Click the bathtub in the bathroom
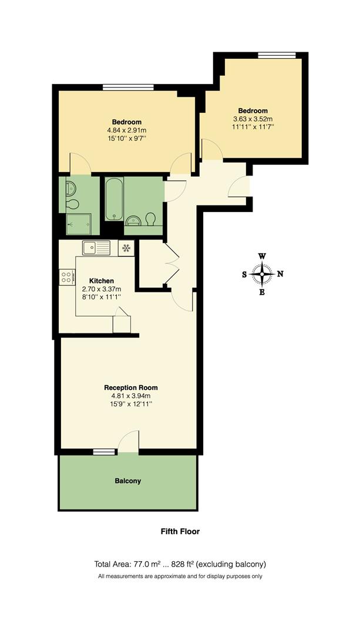tap(113, 198)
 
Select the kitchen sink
tap(96, 248)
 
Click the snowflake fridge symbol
tap(126, 248)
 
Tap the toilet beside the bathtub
tap(151, 218)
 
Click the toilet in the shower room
tap(73, 204)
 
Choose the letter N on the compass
tap(280, 274)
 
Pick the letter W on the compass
tap(262, 256)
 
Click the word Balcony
tap(127, 481)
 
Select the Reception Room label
tap(130, 387)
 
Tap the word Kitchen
tap(101, 281)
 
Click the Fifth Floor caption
tap(180, 532)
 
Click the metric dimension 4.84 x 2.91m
tap(127, 130)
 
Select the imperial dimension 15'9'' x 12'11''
tap(130, 404)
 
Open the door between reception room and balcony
tap(129, 441)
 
